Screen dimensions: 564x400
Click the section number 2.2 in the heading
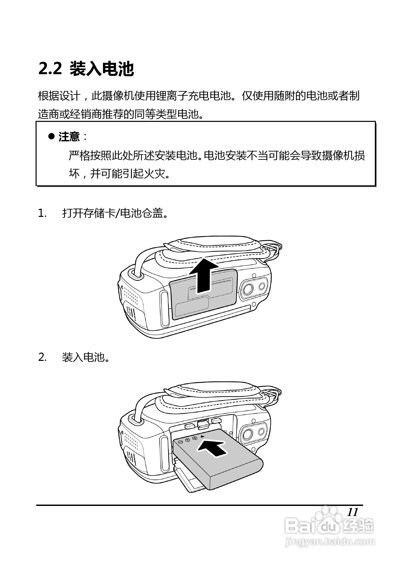coord(50,69)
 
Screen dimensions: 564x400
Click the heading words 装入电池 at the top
coord(102,69)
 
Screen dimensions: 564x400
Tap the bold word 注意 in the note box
coord(69,137)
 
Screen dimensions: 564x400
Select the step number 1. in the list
coord(42,213)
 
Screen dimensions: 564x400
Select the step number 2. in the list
coord(42,357)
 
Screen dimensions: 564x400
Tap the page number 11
coord(352,512)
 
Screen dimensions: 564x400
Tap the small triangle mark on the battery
coord(202,436)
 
